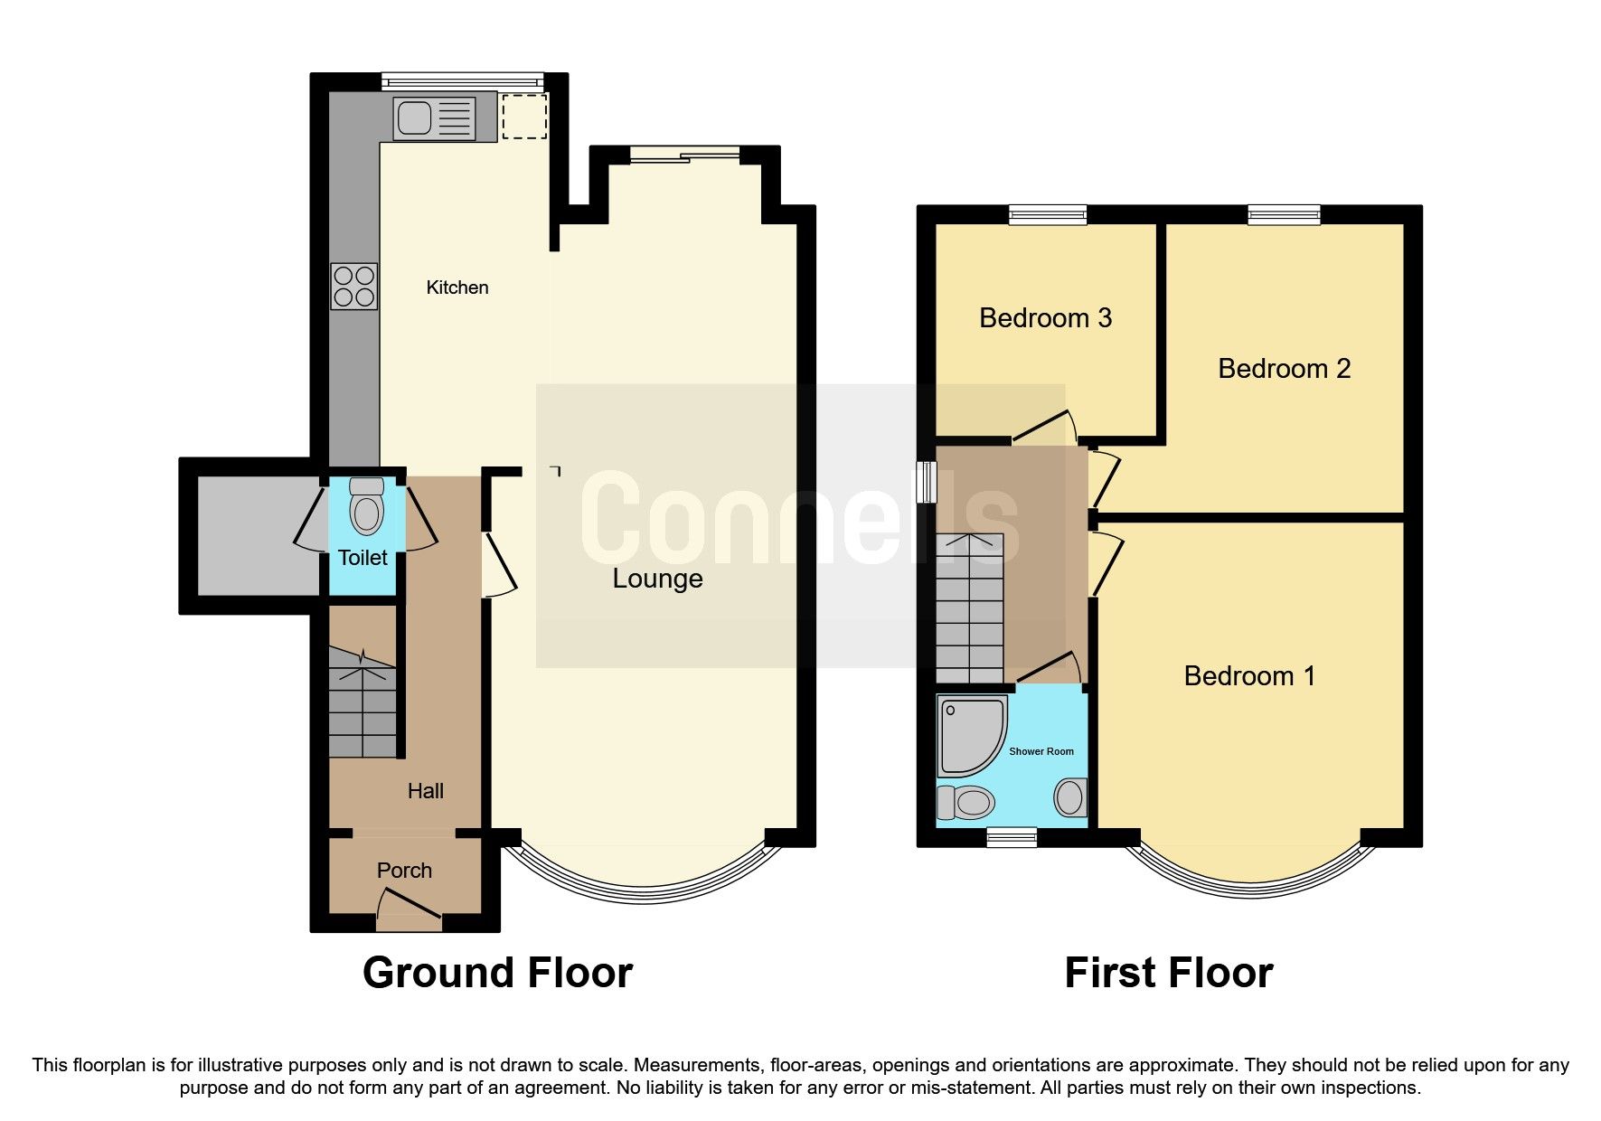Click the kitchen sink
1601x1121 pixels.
click(x=434, y=118)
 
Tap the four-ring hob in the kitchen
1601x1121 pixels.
click(x=353, y=286)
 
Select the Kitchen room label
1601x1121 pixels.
click(x=457, y=287)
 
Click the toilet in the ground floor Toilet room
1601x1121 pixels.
click(x=366, y=506)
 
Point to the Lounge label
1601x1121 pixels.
click(x=657, y=579)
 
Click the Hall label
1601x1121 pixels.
click(x=425, y=791)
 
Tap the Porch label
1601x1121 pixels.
click(x=404, y=871)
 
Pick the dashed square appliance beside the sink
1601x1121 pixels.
click(x=524, y=116)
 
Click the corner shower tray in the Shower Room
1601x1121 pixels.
click(x=969, y=734)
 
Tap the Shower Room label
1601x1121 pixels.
click(x=1041, y=751)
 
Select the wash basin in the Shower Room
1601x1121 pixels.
click(x=1070, y=797)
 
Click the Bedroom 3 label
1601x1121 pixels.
click(x=1045, y=318)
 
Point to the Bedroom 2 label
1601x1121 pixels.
click(x=1284, y=369)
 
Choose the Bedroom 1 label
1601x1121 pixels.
click(x=1249, y=676)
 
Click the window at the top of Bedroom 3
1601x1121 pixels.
click(x=1048, y=214)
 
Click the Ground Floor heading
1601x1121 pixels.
click(x=497, y=974)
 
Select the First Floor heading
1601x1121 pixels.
click(x=1168, y=974)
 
